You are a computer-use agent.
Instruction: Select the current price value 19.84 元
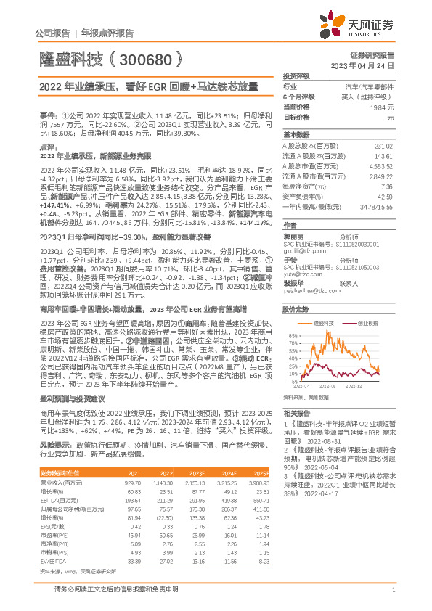click(383, 107)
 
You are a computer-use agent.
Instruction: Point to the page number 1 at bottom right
click(392, 599)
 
